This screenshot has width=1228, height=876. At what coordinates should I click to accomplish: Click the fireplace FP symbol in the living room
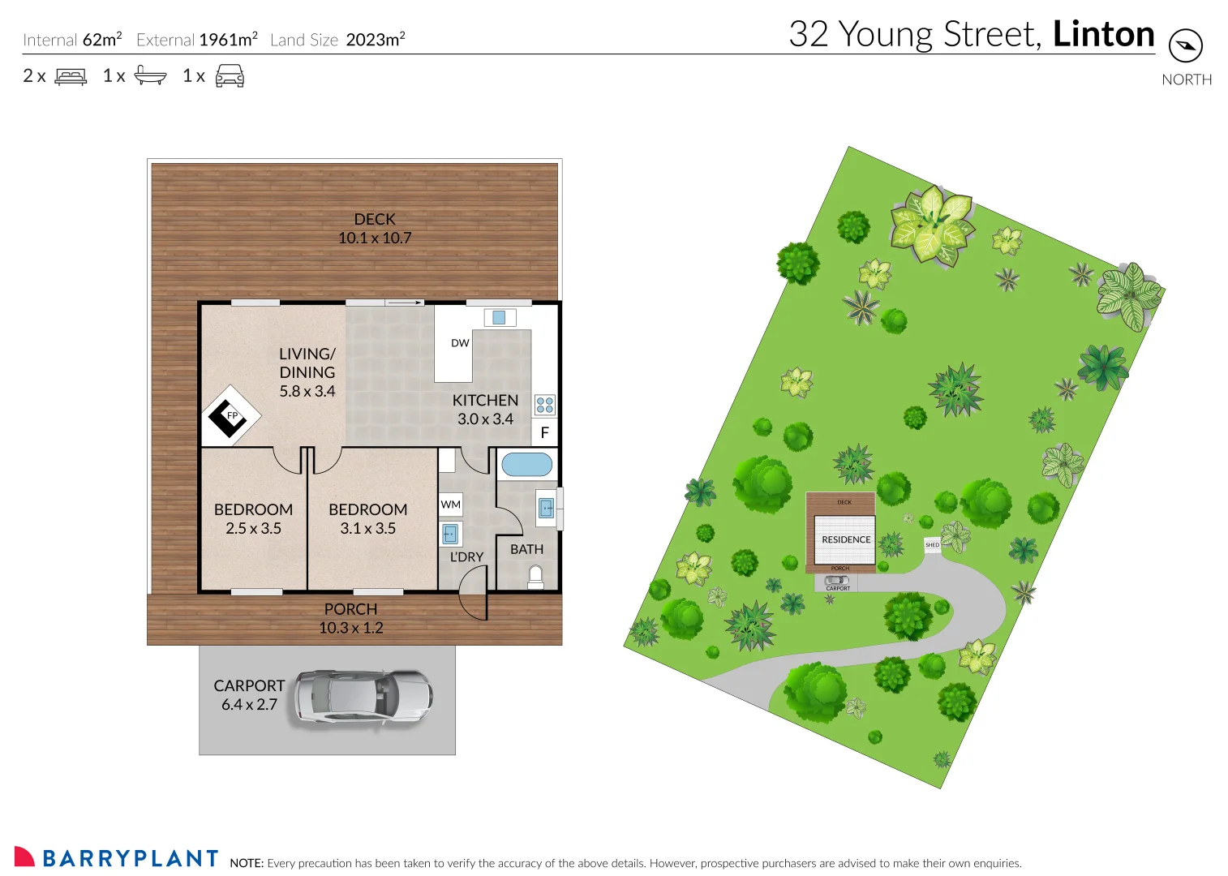pyautogui.click(x=230, y=416)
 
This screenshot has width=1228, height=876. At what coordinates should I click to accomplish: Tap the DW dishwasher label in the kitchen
pyautogui.click(x=460, y=343)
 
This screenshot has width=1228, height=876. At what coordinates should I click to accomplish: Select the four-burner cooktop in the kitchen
pyautogui.click(x=545, y=404)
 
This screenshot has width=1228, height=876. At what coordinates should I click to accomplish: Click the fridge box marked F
pyautogui.click(x=544, y=432)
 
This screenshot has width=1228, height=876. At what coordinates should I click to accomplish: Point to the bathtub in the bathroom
pyautogui.click(x=526, y=465)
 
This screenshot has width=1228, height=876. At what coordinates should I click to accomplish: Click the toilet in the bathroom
pyautogui.click(x=535, y=577)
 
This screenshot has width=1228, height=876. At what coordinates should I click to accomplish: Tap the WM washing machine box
pyautogui.click(x=450, y=505)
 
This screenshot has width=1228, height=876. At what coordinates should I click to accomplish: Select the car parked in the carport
pyautogui.click(x=363, y=697)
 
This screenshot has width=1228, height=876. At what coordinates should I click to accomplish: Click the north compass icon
pyautogui.click(x=1185, y=45)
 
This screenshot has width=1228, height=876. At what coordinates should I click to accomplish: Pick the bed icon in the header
pyautogui.click(x=71, y=76)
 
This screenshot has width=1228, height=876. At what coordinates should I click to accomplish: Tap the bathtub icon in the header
pyautogui.click(x=150, y=76)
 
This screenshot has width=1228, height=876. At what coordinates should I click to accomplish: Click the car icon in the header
pyautogui.click(x=230, y=76)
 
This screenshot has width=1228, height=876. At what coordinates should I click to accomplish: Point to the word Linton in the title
pyautogui.click(x=1103, y=34)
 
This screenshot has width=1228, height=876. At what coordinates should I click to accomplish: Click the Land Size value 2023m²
pyautogui.click(x=375, y=40)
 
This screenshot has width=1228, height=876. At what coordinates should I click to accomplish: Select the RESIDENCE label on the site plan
pyautogui.click(x=846, y=539)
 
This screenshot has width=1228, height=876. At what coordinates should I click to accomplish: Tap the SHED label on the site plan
pyautogui.click(x=932, y=545)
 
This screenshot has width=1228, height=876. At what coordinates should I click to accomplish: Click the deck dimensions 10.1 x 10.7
pyautogui.click(x=375, y=238)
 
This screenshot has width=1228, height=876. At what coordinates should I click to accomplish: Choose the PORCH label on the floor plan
pyautogui.click(x=350, y=609)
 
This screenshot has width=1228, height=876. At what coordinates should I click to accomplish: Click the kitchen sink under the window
pyautogui.click(x=499, y=318)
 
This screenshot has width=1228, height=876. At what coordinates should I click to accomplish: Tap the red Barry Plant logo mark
pyautogui.click(x=24, y=857)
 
